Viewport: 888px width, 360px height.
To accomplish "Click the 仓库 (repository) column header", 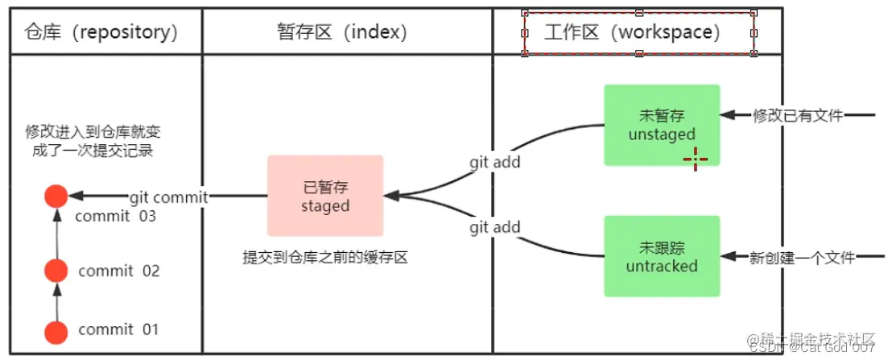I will pyautogui.click(x=101, y=32).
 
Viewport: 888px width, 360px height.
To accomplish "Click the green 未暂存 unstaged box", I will pyautogui.click(x=662, y=125).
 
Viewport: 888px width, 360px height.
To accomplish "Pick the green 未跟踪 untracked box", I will pyautogui.click(x=662, y=255).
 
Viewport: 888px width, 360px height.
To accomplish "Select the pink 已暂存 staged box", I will pyautogui.click(x=325, y=196).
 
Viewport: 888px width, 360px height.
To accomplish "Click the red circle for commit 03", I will pyautogui.click(x=56, y=196).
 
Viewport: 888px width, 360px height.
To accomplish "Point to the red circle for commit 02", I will pyautogui.click(x=56, y=271).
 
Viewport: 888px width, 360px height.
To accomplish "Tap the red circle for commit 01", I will pyautogui.click(x=56, y=331).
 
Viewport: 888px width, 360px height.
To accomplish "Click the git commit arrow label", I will pyautogui.click(x=168, y=197).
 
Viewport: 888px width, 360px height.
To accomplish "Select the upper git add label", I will pyautogui.click(x=495, y=162).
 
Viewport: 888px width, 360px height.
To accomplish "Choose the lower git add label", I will pyautogui.click(x=495, y=228).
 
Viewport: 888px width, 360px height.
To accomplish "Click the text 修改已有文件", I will pyautogui.click(x=798, y=116).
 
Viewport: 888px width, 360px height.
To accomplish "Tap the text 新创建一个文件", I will pyautogui.click(x=803, y=258).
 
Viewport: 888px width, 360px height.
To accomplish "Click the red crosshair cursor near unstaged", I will pyautogui.click(x=696, y=159).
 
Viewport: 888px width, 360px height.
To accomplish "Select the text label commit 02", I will pyautogui.click(x=118, y=271).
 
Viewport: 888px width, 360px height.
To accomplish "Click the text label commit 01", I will pyautogui.click(x=118, y=329).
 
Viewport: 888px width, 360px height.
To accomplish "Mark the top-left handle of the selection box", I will pyautogui.click(x=525, y=13).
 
